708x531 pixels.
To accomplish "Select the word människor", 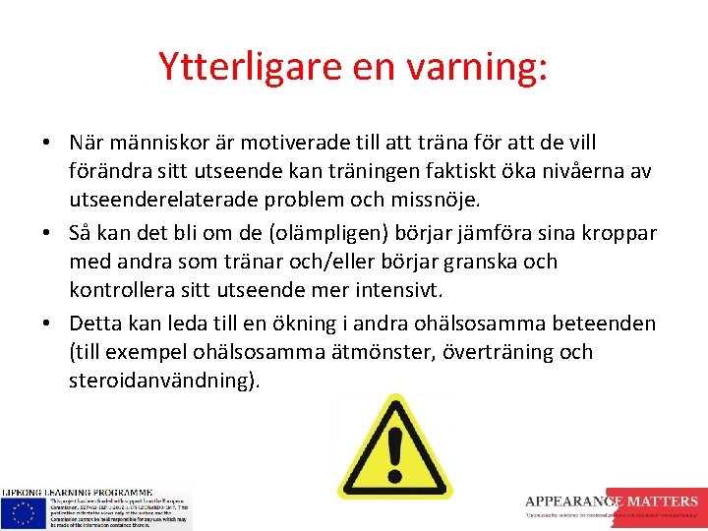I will coord(158,144).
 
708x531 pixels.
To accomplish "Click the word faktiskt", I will coord(462,172).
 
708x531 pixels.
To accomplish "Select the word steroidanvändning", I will coord(162,381).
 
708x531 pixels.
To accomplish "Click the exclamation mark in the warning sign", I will coord(394,452).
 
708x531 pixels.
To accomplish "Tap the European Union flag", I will coord(23,511).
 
